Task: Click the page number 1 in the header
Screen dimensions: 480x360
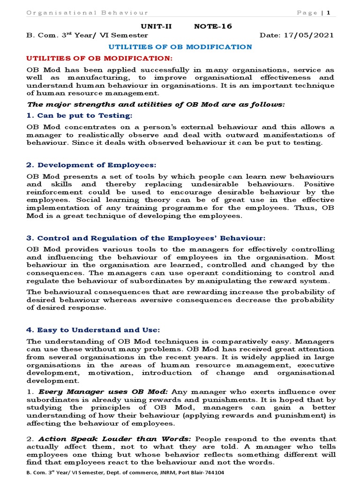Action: (329, 13)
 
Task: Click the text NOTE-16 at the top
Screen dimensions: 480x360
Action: (213, 26)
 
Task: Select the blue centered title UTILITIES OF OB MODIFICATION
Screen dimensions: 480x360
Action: (180, 47)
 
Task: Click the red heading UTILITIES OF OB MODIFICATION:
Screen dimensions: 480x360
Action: (99, 58)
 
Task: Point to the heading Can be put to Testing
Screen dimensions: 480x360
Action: (85, 115)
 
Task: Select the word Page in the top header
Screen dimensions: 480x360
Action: (307, 13)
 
